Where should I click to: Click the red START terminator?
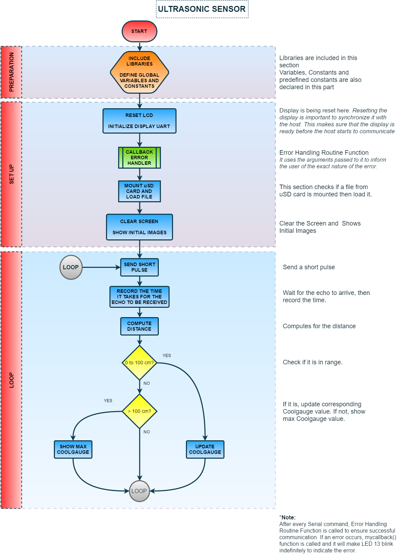pos(139,32)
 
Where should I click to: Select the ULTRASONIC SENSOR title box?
pos(202,9)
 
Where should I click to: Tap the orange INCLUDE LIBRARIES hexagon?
pos(139,72)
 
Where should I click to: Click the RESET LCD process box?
pos(139,121)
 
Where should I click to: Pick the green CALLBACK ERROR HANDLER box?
pos(139,158)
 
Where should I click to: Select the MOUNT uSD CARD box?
pos(139,191)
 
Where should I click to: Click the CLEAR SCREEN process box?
pos(139,227)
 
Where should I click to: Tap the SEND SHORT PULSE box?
pos(139,267)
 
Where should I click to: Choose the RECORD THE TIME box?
pos(139,297)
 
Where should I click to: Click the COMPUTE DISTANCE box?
pos(139,326)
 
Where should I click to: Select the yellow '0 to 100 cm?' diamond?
pos(139,363)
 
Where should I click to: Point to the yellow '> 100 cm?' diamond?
pos(139,411)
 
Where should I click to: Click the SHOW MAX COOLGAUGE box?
pos(73,449)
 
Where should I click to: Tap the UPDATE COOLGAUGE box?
pos(205,449)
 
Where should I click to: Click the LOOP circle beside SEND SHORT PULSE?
pos(71,267)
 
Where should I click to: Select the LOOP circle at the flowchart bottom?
pos(139,491)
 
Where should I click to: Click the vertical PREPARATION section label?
pos(11,72)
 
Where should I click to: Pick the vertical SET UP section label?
pos(11,174)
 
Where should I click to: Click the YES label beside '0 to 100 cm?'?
pos(167,356)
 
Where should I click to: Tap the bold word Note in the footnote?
pos(288,517)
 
